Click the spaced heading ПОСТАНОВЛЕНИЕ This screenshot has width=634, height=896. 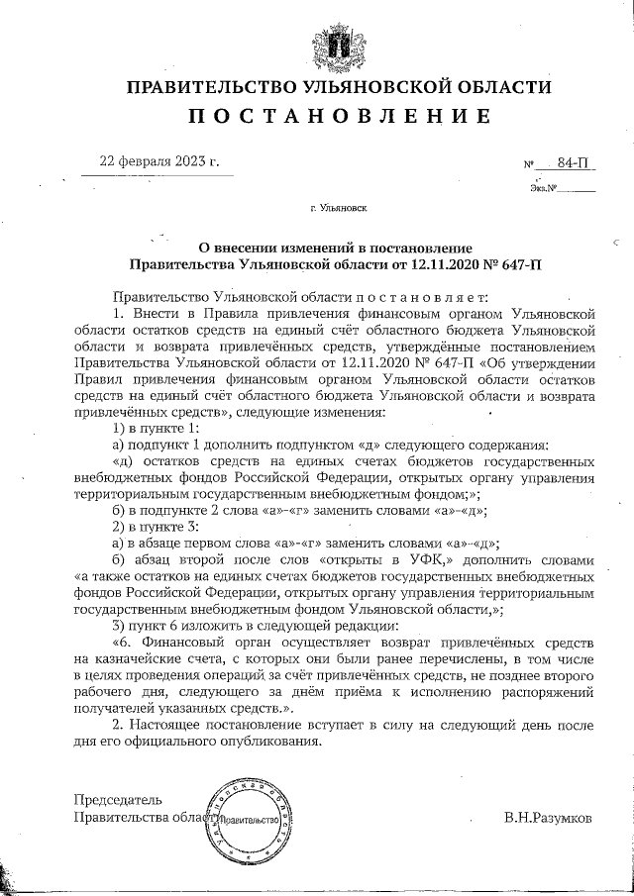[339, 116]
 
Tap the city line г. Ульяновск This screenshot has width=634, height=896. [338, 209]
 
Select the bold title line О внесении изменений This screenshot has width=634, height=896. [336, 248]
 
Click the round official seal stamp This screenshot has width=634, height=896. [249, 821]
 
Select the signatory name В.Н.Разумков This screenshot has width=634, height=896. [548, 819]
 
